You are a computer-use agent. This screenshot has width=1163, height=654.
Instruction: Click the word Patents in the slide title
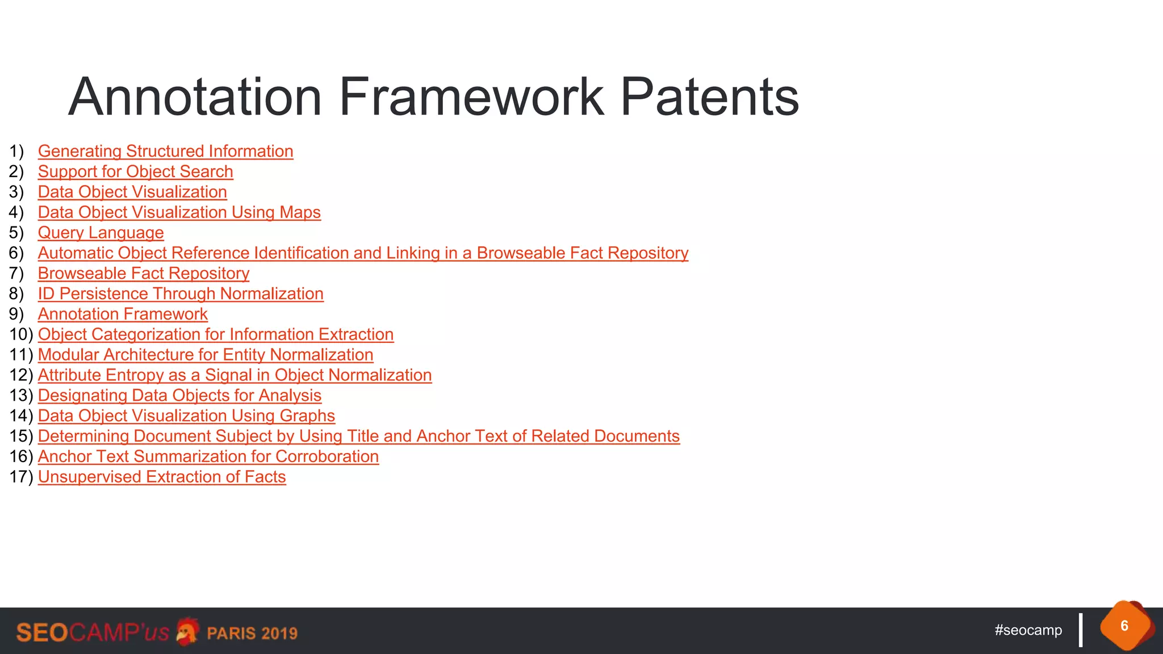[709, 97]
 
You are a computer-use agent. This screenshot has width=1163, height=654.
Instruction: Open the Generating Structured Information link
[165, 152]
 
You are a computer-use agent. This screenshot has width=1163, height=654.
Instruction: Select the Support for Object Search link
[135, 172]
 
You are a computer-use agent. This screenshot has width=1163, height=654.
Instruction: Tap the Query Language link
[101, 233]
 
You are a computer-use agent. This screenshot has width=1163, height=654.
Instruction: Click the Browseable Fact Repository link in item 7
[144, 274]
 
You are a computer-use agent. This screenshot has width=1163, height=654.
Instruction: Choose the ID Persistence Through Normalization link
[181, 294]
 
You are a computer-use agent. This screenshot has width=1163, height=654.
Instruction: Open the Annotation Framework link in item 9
[123, 315]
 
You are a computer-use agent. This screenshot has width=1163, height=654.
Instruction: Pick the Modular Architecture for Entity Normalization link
[206, 355]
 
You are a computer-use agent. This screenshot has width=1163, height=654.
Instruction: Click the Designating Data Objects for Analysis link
[179, 396]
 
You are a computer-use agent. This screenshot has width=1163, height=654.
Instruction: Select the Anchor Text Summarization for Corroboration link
[208, 456]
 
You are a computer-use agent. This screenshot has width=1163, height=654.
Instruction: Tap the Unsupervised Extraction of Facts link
[162, 477]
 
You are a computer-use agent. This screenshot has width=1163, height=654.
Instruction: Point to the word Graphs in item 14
[307, 416]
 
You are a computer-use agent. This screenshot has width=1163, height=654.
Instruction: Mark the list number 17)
[21, 477]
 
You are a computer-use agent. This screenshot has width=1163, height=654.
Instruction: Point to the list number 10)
[21, 334]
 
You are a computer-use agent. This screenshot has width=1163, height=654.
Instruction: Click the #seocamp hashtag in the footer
[1028, 630]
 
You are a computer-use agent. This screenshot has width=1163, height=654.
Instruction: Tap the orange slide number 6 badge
[1124, 626]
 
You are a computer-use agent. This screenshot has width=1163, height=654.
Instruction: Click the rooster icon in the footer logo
[187, 631]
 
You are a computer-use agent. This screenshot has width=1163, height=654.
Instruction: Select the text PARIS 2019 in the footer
[252, 633]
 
